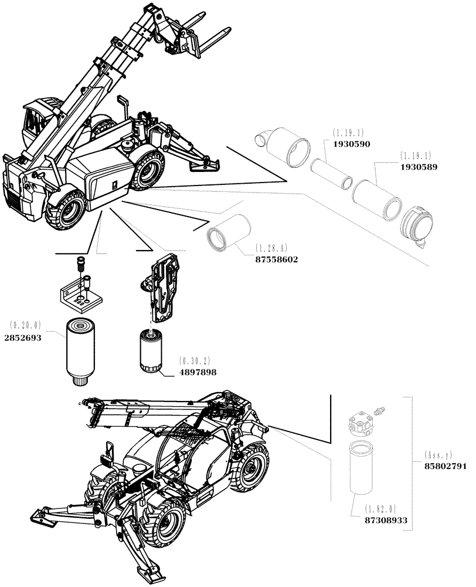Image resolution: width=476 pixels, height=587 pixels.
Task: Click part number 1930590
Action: [x=352, y=143]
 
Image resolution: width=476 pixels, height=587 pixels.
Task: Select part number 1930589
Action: [x=419, y=167]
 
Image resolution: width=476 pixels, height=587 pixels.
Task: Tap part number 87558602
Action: [x=276, y=259]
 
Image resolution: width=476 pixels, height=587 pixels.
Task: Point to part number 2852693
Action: [x=23, y=338]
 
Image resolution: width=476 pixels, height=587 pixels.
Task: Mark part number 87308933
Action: [x=385, y=520]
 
